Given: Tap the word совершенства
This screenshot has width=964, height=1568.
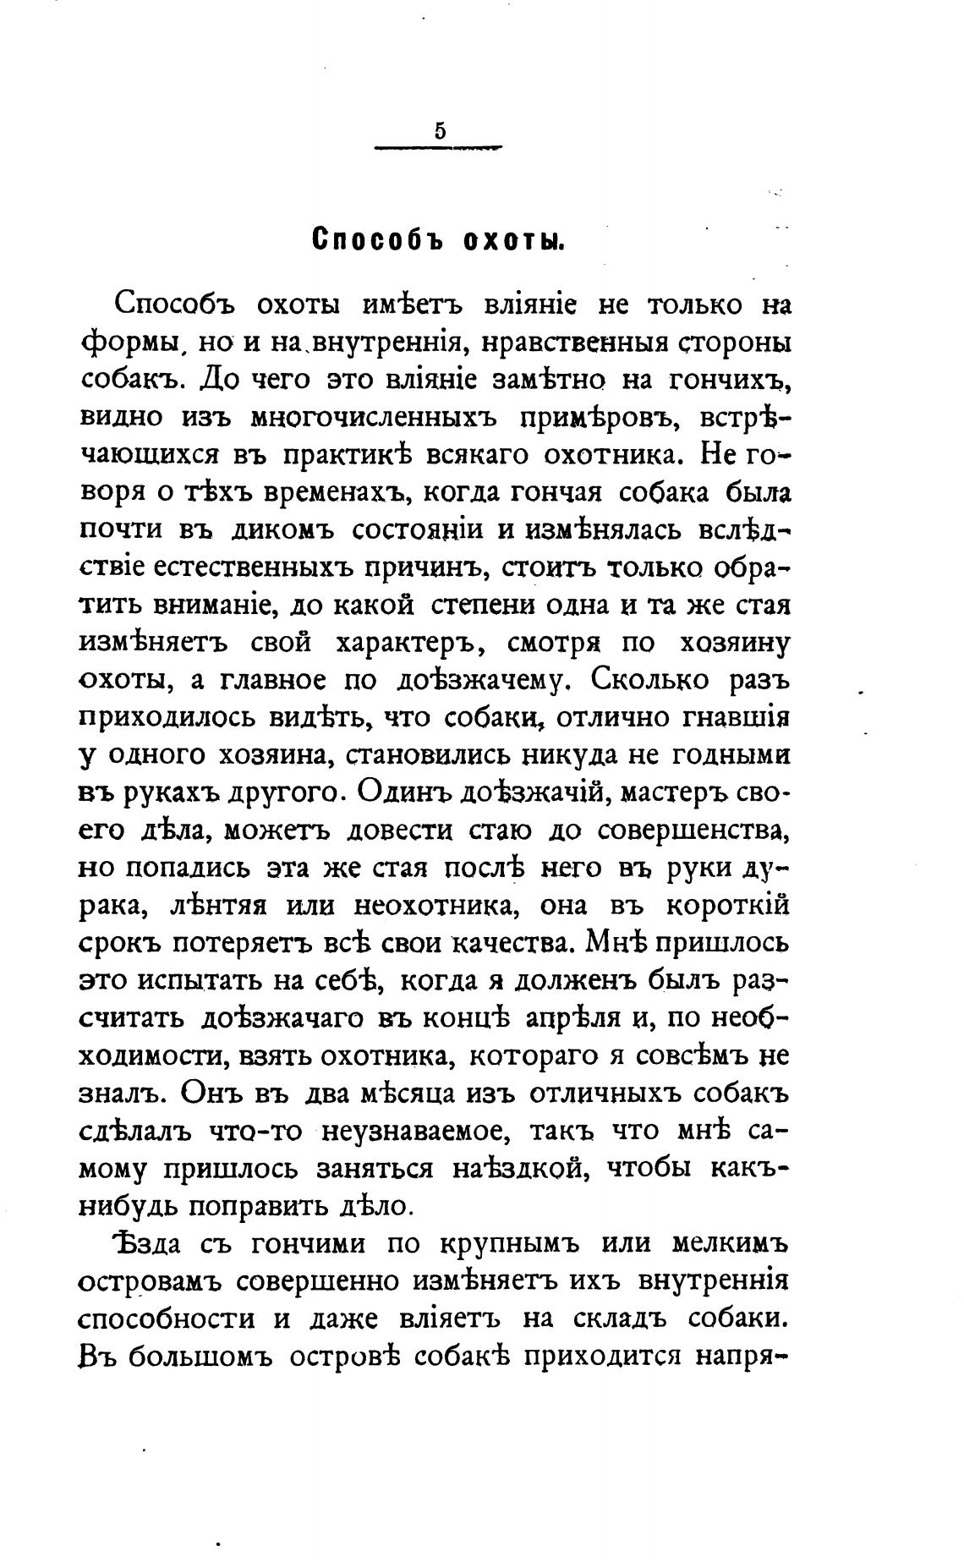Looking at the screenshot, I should click(694, 830).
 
